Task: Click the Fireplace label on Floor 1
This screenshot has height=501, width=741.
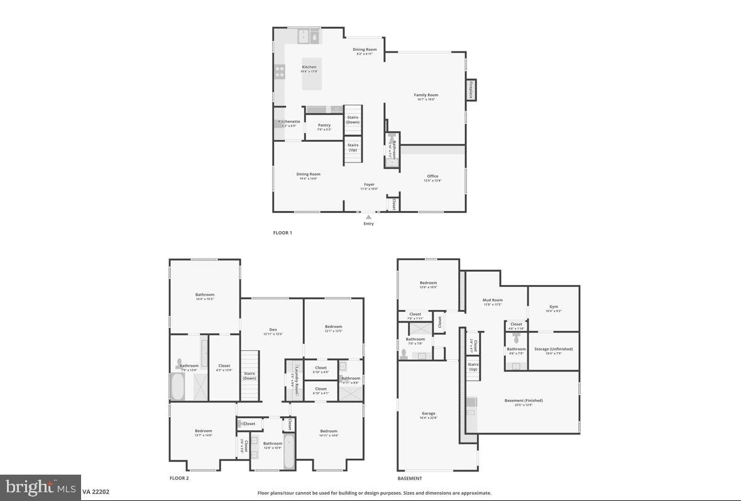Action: tap(470, 90)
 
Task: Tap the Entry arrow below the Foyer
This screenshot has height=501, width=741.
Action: tap(368, 217)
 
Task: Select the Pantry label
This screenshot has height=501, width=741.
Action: tap(324, 126)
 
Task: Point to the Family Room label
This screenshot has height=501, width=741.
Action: tap(425, 95)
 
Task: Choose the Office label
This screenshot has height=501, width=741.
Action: tap(432, 176)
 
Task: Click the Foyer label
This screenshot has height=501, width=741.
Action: tap(369, 185)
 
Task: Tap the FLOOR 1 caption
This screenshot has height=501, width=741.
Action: tap(282, 233)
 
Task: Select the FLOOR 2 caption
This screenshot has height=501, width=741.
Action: tap(179, 478)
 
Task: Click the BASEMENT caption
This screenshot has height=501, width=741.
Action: tap(410, 478)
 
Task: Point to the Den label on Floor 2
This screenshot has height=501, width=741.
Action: tap(273, 330)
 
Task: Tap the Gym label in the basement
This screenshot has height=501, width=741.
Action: tap(554, 307)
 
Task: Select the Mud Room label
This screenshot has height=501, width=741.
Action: tap(493, 300)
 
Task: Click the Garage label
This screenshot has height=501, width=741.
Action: tap(429, 414)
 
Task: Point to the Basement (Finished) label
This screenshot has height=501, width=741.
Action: tap(524, 401)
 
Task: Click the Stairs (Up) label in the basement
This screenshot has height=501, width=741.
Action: tap(473, 367)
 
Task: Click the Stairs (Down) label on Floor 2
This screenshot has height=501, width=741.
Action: tap(250, 375)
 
